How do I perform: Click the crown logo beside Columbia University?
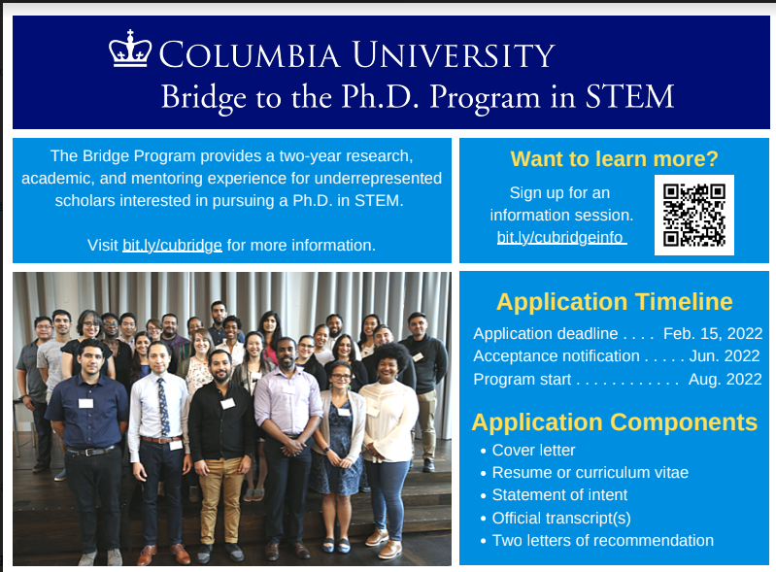click(x=130, y=49)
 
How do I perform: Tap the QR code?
click(x=693, y=216)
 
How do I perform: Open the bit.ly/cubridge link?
click(x=172, y=246)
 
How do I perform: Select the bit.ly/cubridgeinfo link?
click(x=561, y=238)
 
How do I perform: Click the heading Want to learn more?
click(x=614, y=159)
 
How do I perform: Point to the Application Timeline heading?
click(x=614, y=302)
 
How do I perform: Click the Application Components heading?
click(x=614, y=422)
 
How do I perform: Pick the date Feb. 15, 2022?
click(x=713, y=333)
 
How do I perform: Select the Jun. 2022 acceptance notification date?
click(x=725, y=355)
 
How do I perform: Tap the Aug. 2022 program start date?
click(x=725, y=379)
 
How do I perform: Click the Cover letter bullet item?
click(x=533, y=451)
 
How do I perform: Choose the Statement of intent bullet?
click(x=559, y=495)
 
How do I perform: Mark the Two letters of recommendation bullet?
click(x=603, y=540)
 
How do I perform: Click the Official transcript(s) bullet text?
click(x=561, y=518)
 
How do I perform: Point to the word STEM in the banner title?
click(x=629, y=96)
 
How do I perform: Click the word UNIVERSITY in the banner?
click(x=454, y=54)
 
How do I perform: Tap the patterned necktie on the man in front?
click(x=163, y=407)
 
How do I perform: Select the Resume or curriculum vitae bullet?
click(x=590, y=473)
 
